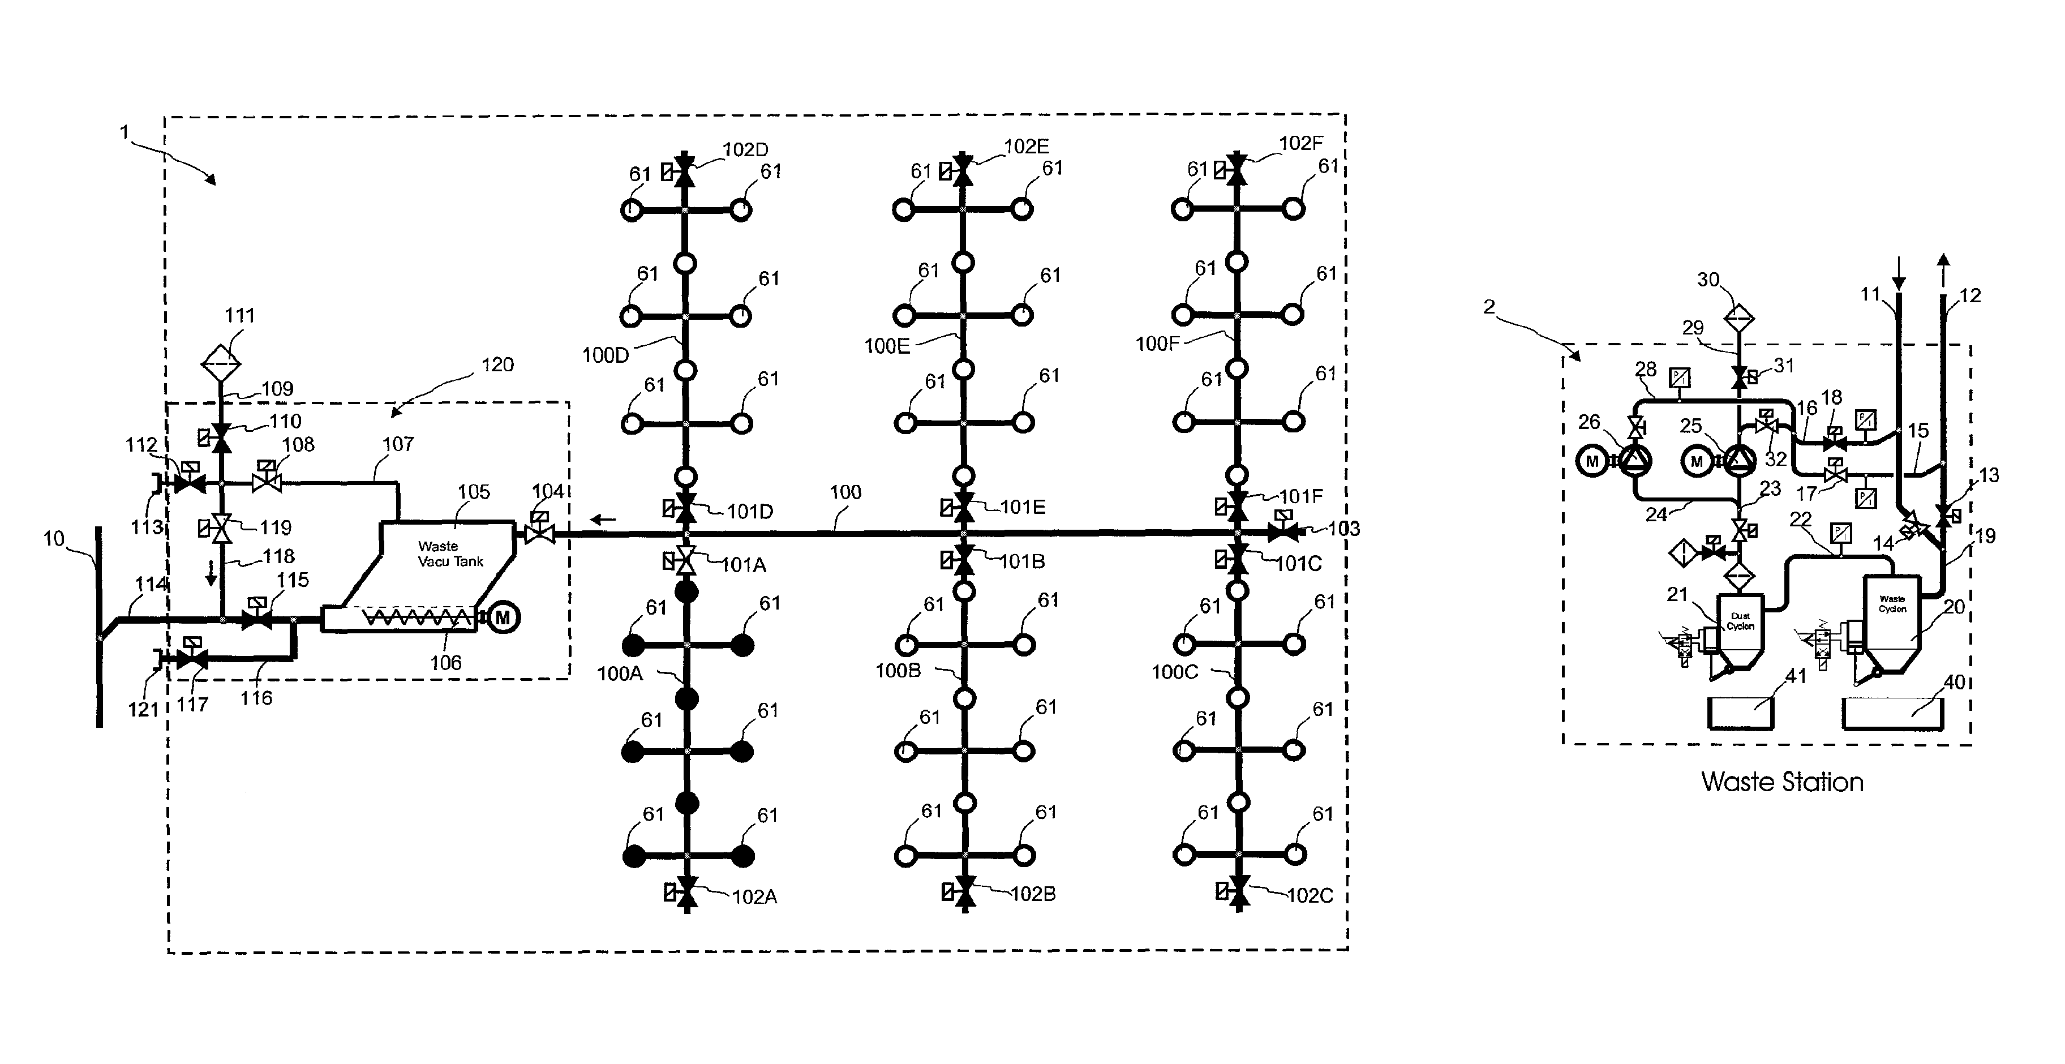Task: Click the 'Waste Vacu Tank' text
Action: coord(450,554)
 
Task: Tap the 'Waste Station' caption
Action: coord(1781,782)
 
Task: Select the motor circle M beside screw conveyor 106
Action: coord(503,617)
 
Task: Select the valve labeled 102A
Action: coord(687,891)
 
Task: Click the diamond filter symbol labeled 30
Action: coord(1738,318)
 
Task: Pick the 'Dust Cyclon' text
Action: coord(1740,621)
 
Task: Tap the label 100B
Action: coord(898,670)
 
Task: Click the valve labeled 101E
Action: coord(964,506)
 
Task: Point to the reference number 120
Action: coord(497,365)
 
